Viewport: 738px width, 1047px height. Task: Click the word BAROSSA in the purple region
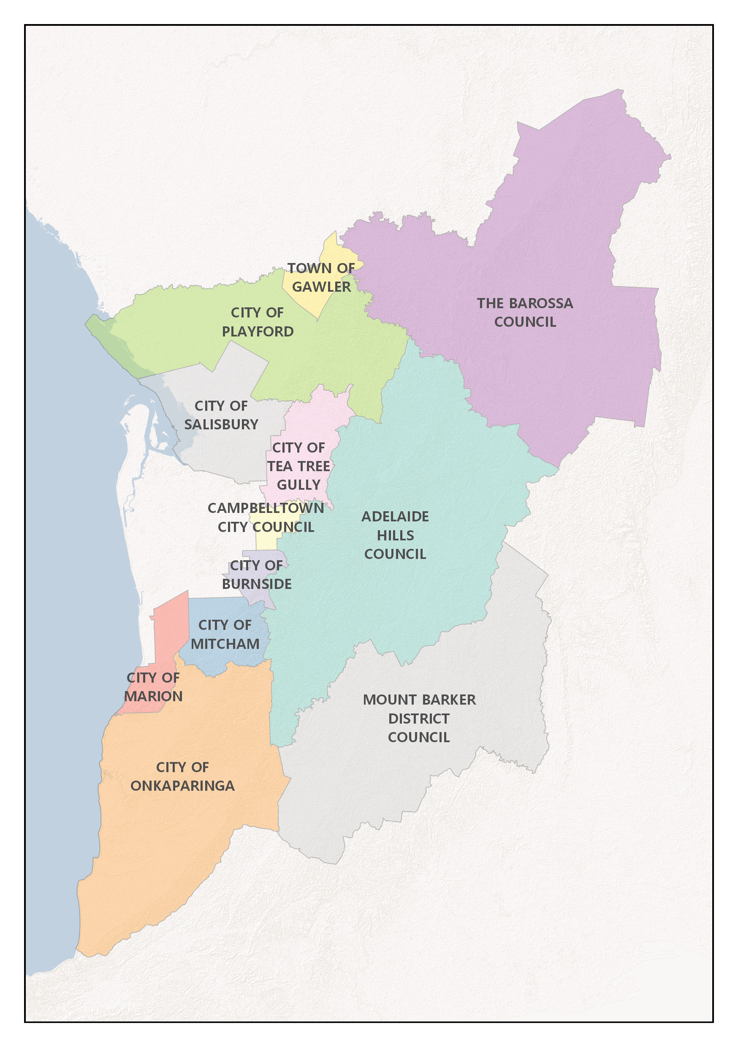(x=540, y=303)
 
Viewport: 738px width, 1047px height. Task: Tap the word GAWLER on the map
(x=321, y=287)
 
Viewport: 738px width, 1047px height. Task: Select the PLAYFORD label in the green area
(x=258, y=331)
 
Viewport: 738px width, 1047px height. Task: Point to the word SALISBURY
(x=221, y=425)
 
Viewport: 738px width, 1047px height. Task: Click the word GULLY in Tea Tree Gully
(x=298, y=485)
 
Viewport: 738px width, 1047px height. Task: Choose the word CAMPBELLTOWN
(x=266, y=508)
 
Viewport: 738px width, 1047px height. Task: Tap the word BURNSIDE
(x=256, y=584)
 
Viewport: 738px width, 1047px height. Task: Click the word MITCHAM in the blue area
(x=225, y=644)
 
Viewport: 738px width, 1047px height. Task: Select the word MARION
(x=153, y=696)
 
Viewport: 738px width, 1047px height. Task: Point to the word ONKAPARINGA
(x=182, y=786)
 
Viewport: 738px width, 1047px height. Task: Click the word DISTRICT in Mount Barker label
(x=419, y=719)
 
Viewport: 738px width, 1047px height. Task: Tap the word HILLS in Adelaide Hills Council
(x=395, y=535)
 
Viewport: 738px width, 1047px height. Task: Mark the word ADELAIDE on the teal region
(x=395, y=516)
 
